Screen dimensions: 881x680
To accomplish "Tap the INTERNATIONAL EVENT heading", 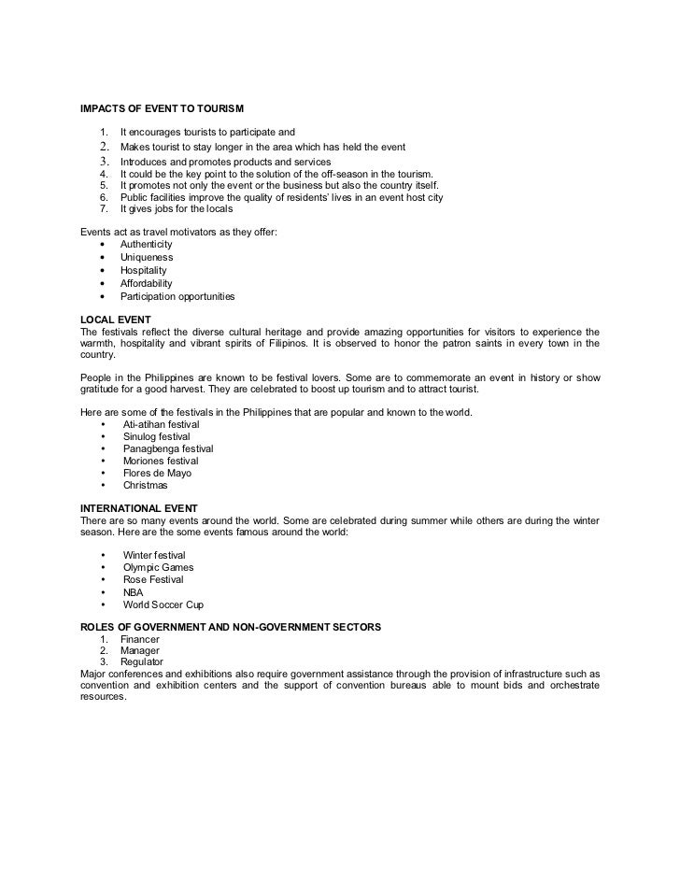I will tap(139, 507).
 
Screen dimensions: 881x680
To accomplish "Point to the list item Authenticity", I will tap(146, 244).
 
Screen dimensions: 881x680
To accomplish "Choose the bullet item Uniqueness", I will tap(146, 257).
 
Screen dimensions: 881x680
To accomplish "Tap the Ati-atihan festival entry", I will tap(161, 424).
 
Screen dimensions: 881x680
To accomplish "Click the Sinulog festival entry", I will tap(156, 436).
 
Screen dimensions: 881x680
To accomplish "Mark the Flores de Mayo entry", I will tap(156, 473).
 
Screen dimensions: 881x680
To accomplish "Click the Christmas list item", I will tap(145, 485).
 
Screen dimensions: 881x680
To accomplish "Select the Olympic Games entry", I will tap(158, 567).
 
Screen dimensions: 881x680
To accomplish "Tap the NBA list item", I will tap(133, 591).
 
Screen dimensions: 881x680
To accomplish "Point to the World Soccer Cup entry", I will tap(163, 604).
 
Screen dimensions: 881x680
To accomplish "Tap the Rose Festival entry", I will tap(153, 579).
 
